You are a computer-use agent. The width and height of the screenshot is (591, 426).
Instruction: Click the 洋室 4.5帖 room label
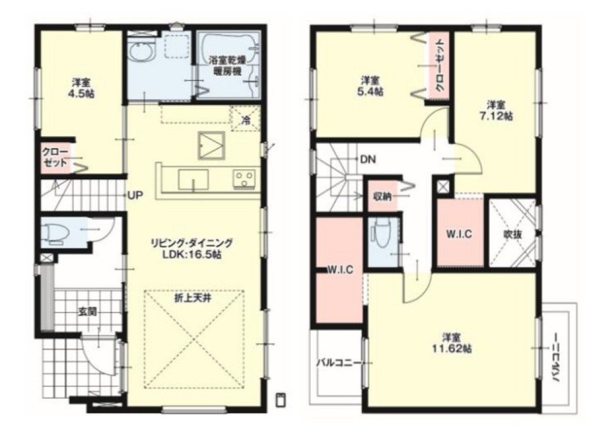point(80,88)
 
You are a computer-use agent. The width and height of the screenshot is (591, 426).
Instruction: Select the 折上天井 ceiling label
point(192,298)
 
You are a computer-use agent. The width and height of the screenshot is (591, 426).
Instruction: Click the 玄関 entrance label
point(87,312)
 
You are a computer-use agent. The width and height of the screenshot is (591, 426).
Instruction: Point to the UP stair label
point(135,196)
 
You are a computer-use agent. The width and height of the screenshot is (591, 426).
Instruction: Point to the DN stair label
point(368,160)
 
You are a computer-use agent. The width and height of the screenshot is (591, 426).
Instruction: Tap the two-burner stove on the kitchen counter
point(244,178)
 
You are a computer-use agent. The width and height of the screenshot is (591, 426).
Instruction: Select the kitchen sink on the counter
point(193,180)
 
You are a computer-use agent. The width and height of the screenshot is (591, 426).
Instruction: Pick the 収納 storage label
point(382,196)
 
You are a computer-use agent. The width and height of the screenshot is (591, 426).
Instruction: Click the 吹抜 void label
point(513,234)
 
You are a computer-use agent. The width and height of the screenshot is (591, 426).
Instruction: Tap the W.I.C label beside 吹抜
point(459,234)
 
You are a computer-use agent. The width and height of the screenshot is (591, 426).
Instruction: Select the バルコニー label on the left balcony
point(337,363)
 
